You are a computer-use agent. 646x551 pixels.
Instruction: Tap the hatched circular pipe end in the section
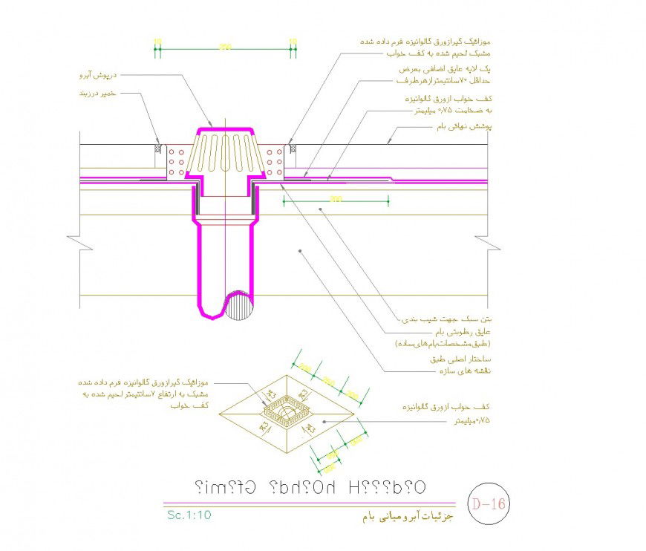241,304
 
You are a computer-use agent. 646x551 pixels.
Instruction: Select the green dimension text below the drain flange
336,198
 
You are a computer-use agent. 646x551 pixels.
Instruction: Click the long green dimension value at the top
224,48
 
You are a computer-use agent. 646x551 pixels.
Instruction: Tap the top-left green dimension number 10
157,41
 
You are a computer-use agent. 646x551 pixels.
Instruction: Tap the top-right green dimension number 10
292,41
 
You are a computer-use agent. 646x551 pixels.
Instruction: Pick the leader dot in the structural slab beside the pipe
299,252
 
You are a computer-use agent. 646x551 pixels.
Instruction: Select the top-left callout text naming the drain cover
99,75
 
